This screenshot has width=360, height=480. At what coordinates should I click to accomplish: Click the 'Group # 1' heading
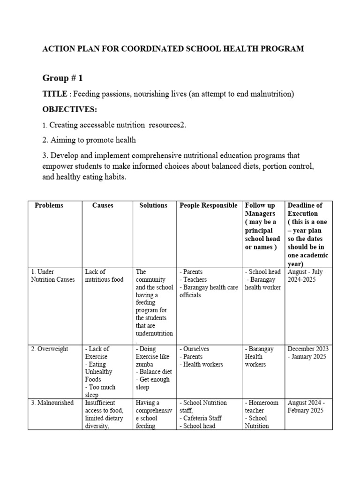[63, 78]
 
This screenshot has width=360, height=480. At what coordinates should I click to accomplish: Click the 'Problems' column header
[49, 205]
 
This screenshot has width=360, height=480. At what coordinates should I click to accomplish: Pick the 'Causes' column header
[103, 205]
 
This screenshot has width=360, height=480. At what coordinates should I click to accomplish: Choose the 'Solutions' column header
[153, 205]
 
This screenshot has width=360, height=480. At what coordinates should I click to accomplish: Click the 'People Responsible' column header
[209, 205]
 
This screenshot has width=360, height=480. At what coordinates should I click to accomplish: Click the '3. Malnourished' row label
[52, 403]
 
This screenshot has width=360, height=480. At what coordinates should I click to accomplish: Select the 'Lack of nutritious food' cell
[104, 276]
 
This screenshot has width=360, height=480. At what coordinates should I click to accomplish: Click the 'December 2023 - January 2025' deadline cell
[308, 352]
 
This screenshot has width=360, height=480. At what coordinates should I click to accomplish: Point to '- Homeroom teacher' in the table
[261, 406]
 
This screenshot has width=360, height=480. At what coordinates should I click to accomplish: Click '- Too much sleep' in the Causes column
[100, 391]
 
